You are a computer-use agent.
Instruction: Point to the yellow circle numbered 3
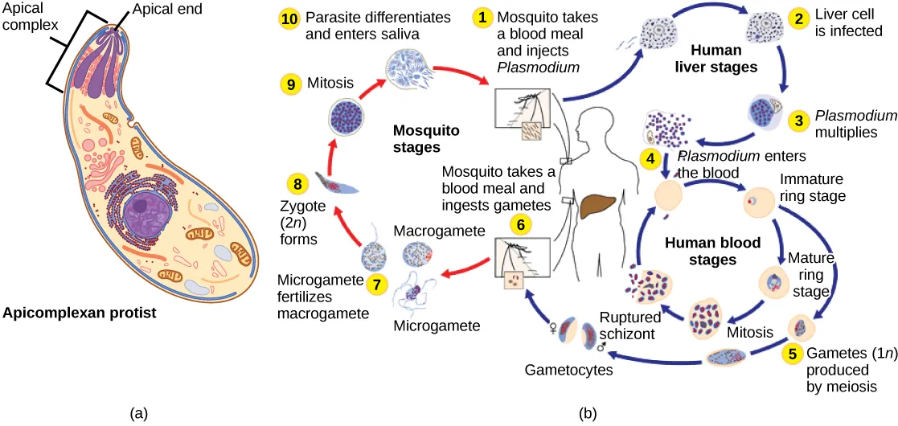[798, 121]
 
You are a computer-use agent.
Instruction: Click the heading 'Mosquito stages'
[415, 138]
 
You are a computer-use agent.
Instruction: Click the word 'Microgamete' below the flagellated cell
[437, 326]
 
